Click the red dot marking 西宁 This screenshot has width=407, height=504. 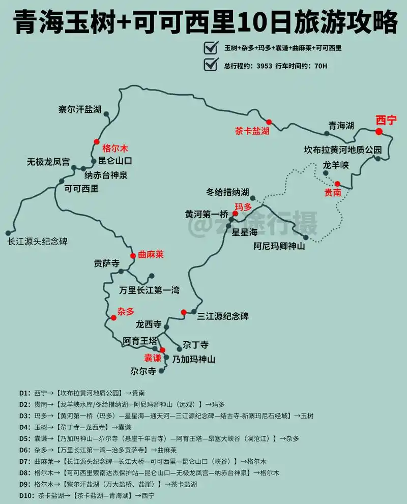[379, 132]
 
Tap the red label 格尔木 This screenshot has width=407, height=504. [115, 149]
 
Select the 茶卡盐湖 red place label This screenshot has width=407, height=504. [252, 131]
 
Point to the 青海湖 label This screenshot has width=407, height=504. [341, 126]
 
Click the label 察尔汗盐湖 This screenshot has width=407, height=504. [80, 109]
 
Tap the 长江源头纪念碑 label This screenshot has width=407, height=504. [37, 242]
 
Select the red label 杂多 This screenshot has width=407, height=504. [126, 312]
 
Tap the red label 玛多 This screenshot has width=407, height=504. [243, 207]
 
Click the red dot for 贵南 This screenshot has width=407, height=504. [337, 184]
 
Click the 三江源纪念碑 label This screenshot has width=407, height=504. [223, 316]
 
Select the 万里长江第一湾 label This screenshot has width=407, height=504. [149, 291]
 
